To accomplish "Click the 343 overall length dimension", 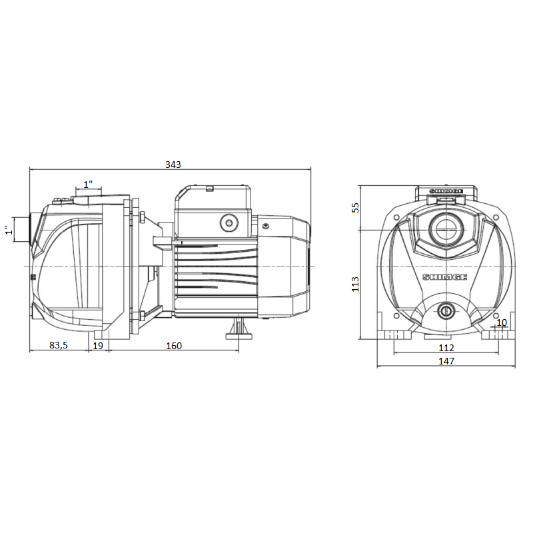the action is point(173,165).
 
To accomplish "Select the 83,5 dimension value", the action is point(59,345).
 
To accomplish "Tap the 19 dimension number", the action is point(98,346).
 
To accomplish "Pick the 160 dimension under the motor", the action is point(174,346).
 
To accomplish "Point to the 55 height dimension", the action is point(355,207).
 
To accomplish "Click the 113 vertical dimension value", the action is point(355,284).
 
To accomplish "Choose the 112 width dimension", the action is point(446,348).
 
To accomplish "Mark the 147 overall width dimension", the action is point(446,361).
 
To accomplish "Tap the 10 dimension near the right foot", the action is point(502,322).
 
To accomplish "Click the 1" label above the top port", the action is point(89,185).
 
